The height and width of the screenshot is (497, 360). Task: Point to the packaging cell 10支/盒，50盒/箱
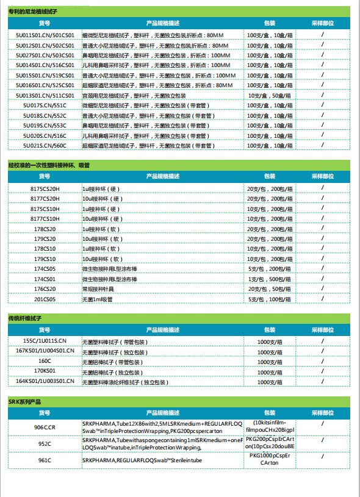265,96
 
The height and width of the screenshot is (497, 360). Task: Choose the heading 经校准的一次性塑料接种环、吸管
49,165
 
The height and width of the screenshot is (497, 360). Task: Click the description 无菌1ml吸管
97,299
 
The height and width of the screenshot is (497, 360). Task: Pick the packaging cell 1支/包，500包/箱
267,279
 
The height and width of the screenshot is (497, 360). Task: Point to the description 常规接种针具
98,289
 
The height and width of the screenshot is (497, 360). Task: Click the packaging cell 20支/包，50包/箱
267,289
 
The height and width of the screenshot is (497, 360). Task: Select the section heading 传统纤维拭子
25,318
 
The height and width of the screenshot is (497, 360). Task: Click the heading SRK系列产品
23,401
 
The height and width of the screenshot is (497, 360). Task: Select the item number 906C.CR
45,428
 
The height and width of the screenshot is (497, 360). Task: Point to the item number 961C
45,460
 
